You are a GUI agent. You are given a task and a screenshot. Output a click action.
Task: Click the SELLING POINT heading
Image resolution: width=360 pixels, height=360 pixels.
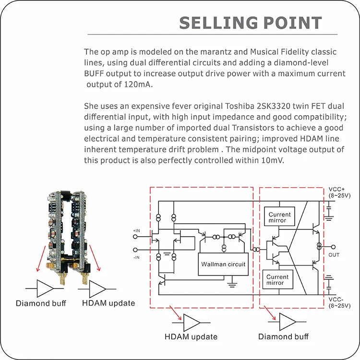(x=250, y=23)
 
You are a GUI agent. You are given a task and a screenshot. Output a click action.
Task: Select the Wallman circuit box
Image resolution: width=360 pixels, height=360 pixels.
(x=223, y=264)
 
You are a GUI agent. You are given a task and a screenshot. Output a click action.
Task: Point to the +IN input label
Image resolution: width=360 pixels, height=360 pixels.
(x=137, y=231)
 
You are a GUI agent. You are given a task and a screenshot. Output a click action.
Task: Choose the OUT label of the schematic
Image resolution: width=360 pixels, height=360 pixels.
(x=335, y=254)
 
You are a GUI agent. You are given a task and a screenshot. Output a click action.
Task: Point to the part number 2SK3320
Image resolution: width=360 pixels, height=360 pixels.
(x=261, y=106)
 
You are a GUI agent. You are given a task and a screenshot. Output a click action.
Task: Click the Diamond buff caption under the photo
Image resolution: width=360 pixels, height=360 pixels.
(x=41, y=303)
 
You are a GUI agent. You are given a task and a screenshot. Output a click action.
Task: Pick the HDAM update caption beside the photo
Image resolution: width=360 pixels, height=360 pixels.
(x=108, y=303)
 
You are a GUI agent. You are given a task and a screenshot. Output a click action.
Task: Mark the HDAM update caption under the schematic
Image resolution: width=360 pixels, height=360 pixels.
(x=191, y=337)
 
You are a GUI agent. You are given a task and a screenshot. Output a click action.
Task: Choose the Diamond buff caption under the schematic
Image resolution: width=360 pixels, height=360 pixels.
(x=283, y=337)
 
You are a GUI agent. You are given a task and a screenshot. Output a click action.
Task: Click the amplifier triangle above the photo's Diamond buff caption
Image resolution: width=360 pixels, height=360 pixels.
(x=46, y=288)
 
